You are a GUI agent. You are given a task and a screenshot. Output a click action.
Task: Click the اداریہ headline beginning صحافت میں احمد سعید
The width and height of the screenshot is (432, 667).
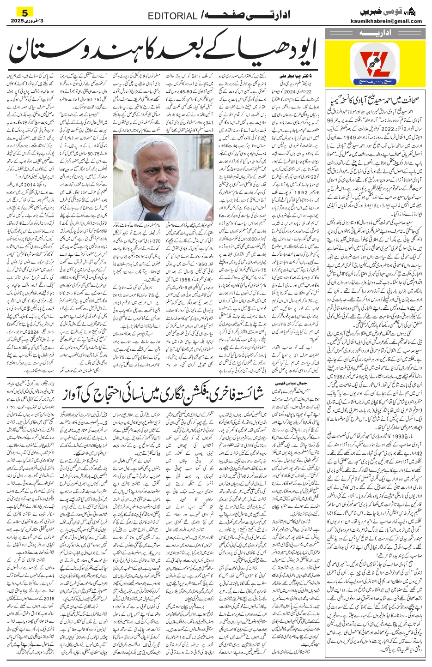(377, 100)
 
